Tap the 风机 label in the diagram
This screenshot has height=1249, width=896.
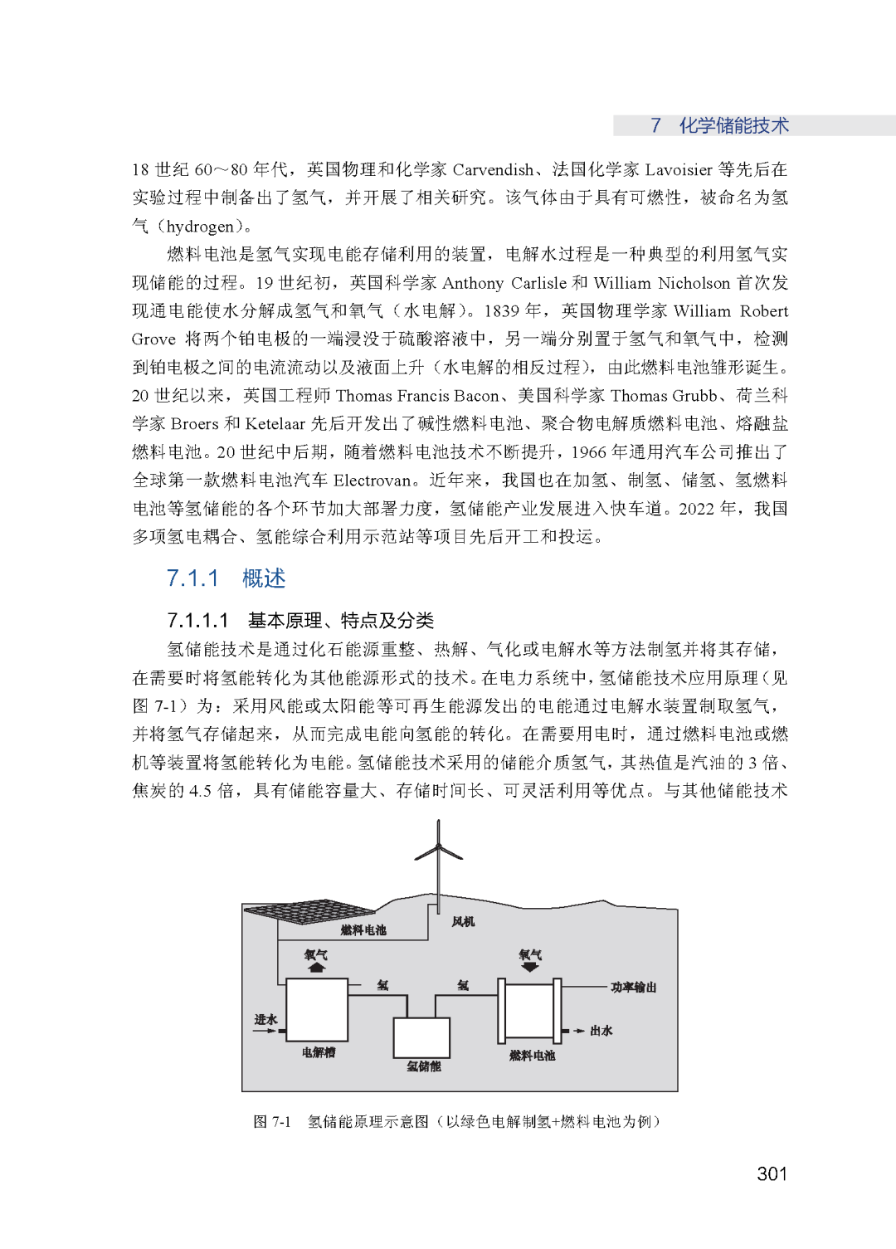tap(463, 922)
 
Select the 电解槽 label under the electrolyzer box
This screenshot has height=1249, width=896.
tap(318, 1052)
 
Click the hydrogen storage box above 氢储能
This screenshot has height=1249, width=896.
tap(421, 1037)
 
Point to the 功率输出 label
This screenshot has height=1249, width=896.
tap(633, 988)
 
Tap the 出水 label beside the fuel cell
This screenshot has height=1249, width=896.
tap(601, 1031)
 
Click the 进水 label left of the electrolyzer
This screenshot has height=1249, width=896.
tap(265, 1020)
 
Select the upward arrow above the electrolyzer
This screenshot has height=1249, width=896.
tap(316, 967)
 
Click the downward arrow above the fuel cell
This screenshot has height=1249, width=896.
tap(530, 967)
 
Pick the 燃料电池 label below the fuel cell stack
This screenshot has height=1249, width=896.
tap(532, 1056)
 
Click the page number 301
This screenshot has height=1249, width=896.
tap(772, 1173)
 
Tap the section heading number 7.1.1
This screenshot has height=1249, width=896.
tap(192, 578)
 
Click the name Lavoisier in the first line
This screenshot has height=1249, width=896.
tap(678, 170)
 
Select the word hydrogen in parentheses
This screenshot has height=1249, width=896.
tap(200, 227)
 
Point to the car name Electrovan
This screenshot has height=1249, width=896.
tap(373, 481)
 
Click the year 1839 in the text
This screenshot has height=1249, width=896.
tap(502, 311)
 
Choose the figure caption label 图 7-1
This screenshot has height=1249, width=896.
tap(272, 1122)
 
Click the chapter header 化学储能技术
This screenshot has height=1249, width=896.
tap(733, 125)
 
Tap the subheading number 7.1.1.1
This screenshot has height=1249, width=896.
tap(197, 621)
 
